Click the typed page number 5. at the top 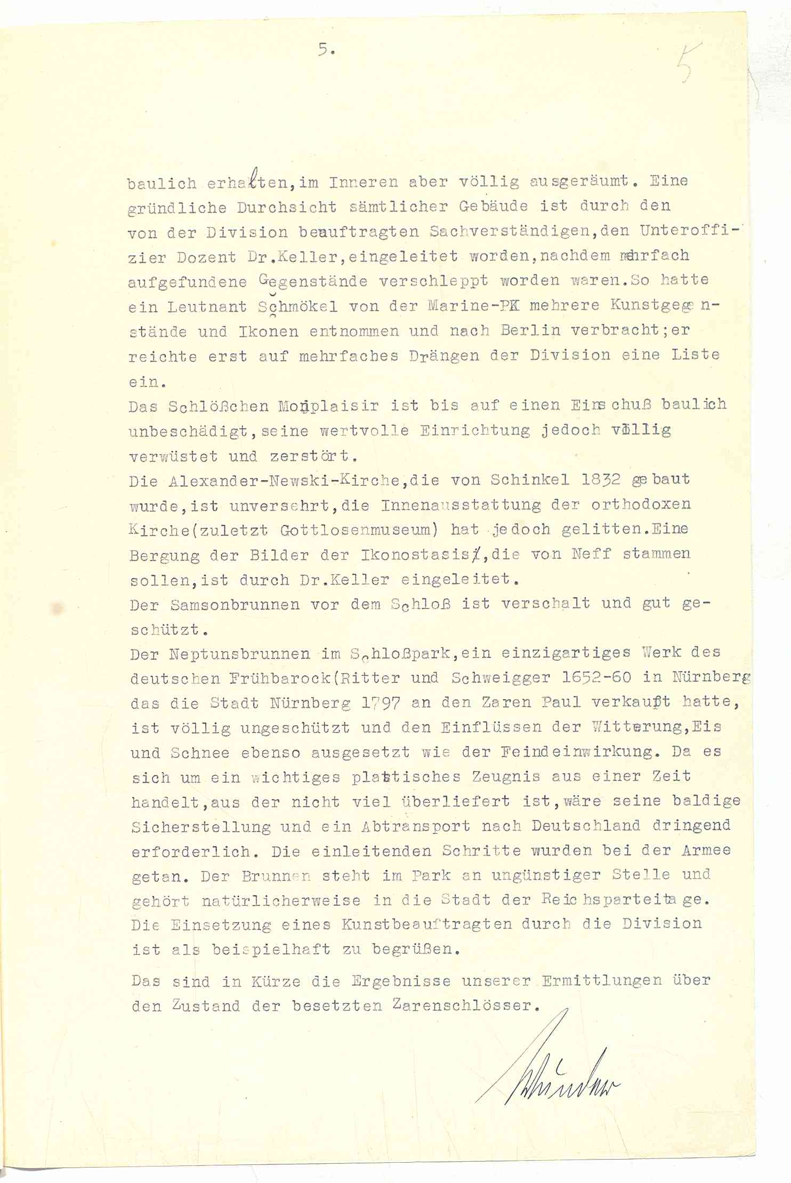click(326, 50)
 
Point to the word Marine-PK click(472, 306)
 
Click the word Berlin click(531, 330)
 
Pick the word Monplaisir click(328, 406)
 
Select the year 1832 click(601, 480)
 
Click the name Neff click(591, 554)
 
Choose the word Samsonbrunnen click(235, 605)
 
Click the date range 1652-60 click(596, 678)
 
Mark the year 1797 click(380, 703)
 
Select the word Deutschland click(585, 827)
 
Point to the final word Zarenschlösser click(462, 1006)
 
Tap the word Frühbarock click(273, 678)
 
